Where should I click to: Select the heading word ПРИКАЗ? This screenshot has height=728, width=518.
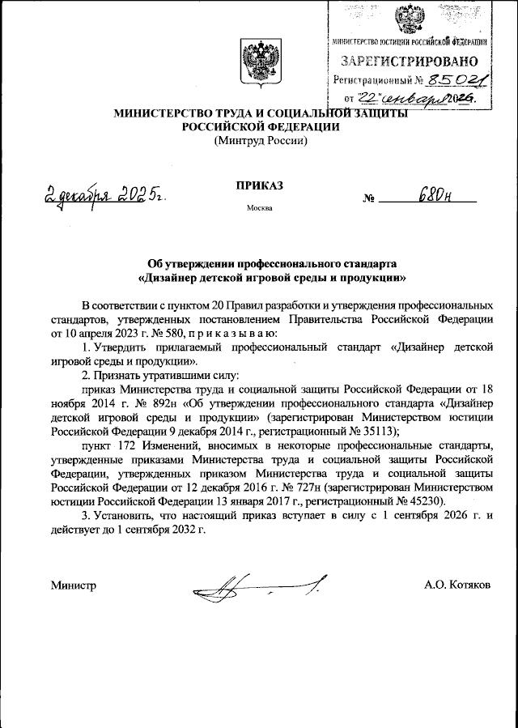(259, 185)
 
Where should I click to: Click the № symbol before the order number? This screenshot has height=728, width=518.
(370, 198)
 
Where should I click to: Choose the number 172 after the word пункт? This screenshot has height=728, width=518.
(125, 446)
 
